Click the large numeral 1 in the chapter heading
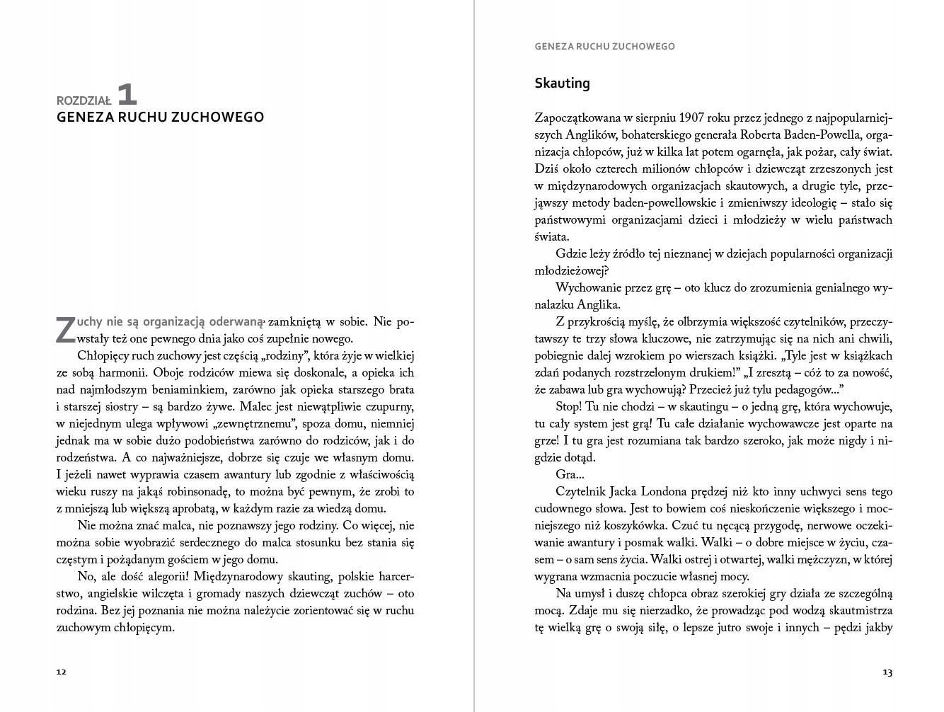coord(126,95)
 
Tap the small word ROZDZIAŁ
coord(84,101)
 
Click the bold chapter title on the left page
coord(160,117)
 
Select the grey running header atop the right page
coord(605,47)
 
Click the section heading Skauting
coord(562,84)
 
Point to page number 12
coord(61,672)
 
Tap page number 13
coord(887,672)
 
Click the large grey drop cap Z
coord(64,330)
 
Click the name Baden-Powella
coord(807,134)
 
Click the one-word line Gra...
coord(570,475)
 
